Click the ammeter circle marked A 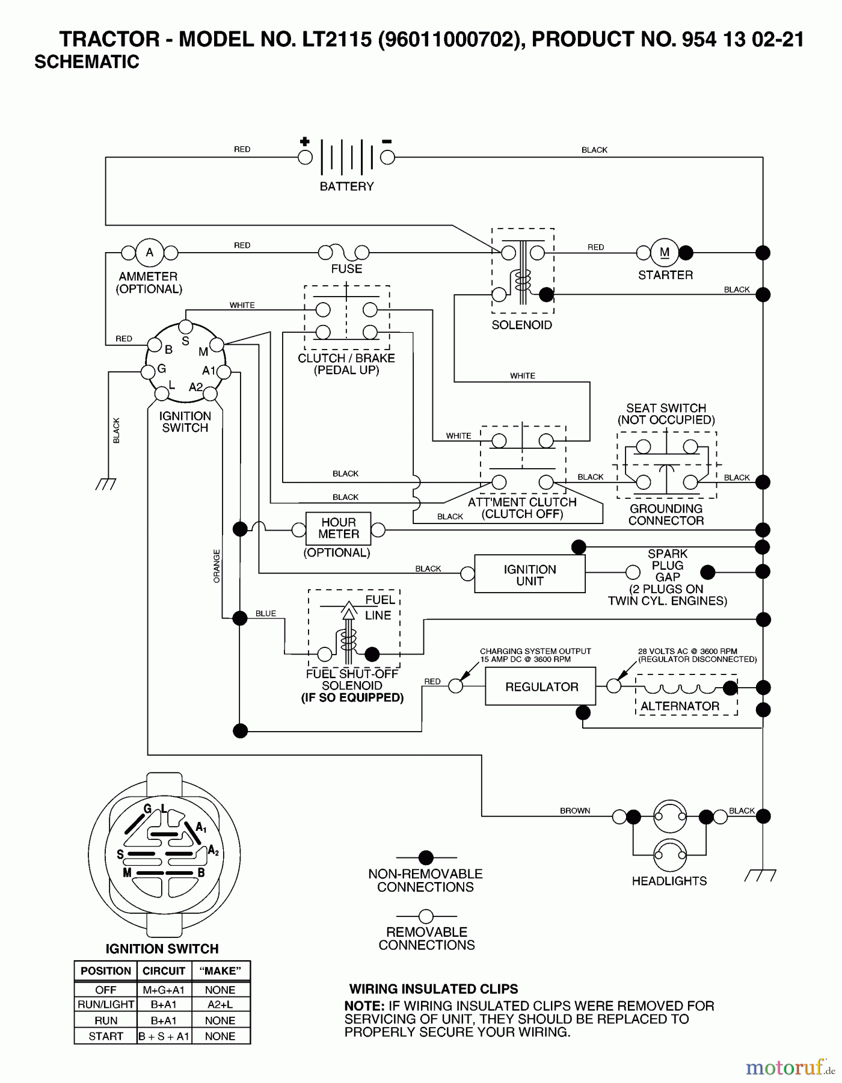150,252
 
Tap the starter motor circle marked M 665,253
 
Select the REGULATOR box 541,687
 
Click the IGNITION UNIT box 529,575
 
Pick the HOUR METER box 338,528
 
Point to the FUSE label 346,269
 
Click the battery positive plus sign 305,142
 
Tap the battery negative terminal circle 388,158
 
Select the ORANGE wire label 217,566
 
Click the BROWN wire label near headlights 575,810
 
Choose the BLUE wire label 265,613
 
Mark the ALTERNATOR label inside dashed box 680,706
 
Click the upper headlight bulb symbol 670,816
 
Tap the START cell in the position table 105,1036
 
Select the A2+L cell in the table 220,1005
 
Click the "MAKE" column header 220,970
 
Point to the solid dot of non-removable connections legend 426,857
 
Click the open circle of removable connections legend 426,916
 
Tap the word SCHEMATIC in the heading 87,62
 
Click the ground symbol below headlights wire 760,875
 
